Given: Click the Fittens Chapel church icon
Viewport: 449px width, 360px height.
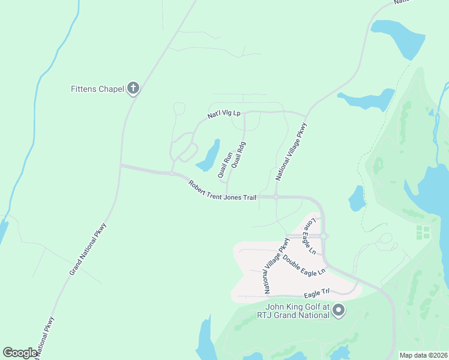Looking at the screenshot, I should [x=133, y=89].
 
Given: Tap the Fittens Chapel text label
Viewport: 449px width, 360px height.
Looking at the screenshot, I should [x=97, y=89].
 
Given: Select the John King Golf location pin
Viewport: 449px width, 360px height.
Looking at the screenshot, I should [x=339, y=310].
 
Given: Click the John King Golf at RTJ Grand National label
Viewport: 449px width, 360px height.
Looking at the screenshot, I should [x=293, y=311].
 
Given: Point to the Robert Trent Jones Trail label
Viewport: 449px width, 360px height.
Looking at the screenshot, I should [x=222, y=190].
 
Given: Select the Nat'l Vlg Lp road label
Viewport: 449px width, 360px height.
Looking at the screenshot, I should [x=223, y=113].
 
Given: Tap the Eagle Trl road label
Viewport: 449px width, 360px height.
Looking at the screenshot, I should [x=317, y=293].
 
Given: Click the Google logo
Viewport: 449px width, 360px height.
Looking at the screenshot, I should [x=20, y=353].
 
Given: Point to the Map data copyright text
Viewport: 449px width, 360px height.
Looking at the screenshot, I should [x=423, y=355].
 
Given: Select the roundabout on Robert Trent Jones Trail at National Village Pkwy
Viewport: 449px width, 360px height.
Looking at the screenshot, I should [x=276, y=196].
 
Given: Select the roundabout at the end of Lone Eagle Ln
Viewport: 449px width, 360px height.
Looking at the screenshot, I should [x=323, y=236].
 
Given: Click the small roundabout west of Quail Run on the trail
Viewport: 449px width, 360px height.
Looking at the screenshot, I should [x=172, y=174].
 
